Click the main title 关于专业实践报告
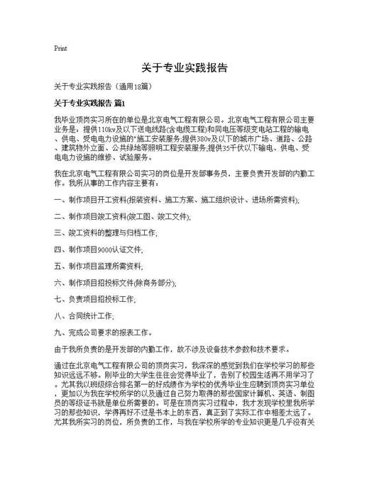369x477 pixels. (x=184, y=68)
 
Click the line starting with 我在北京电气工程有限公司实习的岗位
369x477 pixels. (x=184, y=174)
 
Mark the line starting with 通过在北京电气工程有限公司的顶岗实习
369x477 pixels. (x=184, y=366)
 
